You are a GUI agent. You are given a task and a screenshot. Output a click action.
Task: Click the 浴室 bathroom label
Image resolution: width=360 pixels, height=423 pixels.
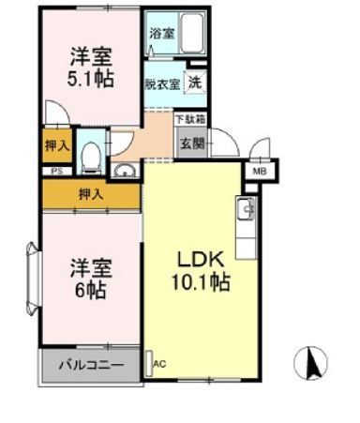[x=161, y=33]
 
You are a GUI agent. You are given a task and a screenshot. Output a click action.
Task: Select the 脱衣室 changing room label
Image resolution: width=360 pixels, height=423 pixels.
[x=161, y=82]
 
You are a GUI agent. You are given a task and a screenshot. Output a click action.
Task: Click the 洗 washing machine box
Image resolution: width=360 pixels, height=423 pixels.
[x=195, y=81]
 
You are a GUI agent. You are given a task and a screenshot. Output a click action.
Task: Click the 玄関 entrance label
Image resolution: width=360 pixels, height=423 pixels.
[x=191, y=144]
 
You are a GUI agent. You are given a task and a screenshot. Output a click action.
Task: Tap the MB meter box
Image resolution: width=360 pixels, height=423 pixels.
[x=258, y=172]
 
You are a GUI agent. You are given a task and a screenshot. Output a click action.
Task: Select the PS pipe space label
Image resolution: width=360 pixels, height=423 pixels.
[x=56, y=171]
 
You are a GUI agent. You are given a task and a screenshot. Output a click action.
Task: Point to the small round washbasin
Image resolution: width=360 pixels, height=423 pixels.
[x=125, y=170]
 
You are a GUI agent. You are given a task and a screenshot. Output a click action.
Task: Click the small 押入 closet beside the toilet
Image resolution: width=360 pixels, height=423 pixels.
[x=55, y=144]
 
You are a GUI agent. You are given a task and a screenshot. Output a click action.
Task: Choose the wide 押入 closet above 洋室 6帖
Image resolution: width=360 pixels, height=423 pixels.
[x=91, y=194]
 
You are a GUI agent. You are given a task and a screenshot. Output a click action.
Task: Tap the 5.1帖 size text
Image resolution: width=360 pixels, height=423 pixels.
[x=91, y=78]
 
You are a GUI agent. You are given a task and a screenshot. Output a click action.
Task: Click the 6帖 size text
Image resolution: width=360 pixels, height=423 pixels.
[x=91, y=289]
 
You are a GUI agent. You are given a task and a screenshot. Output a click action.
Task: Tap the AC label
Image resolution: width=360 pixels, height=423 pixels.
[x=158, y=363]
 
